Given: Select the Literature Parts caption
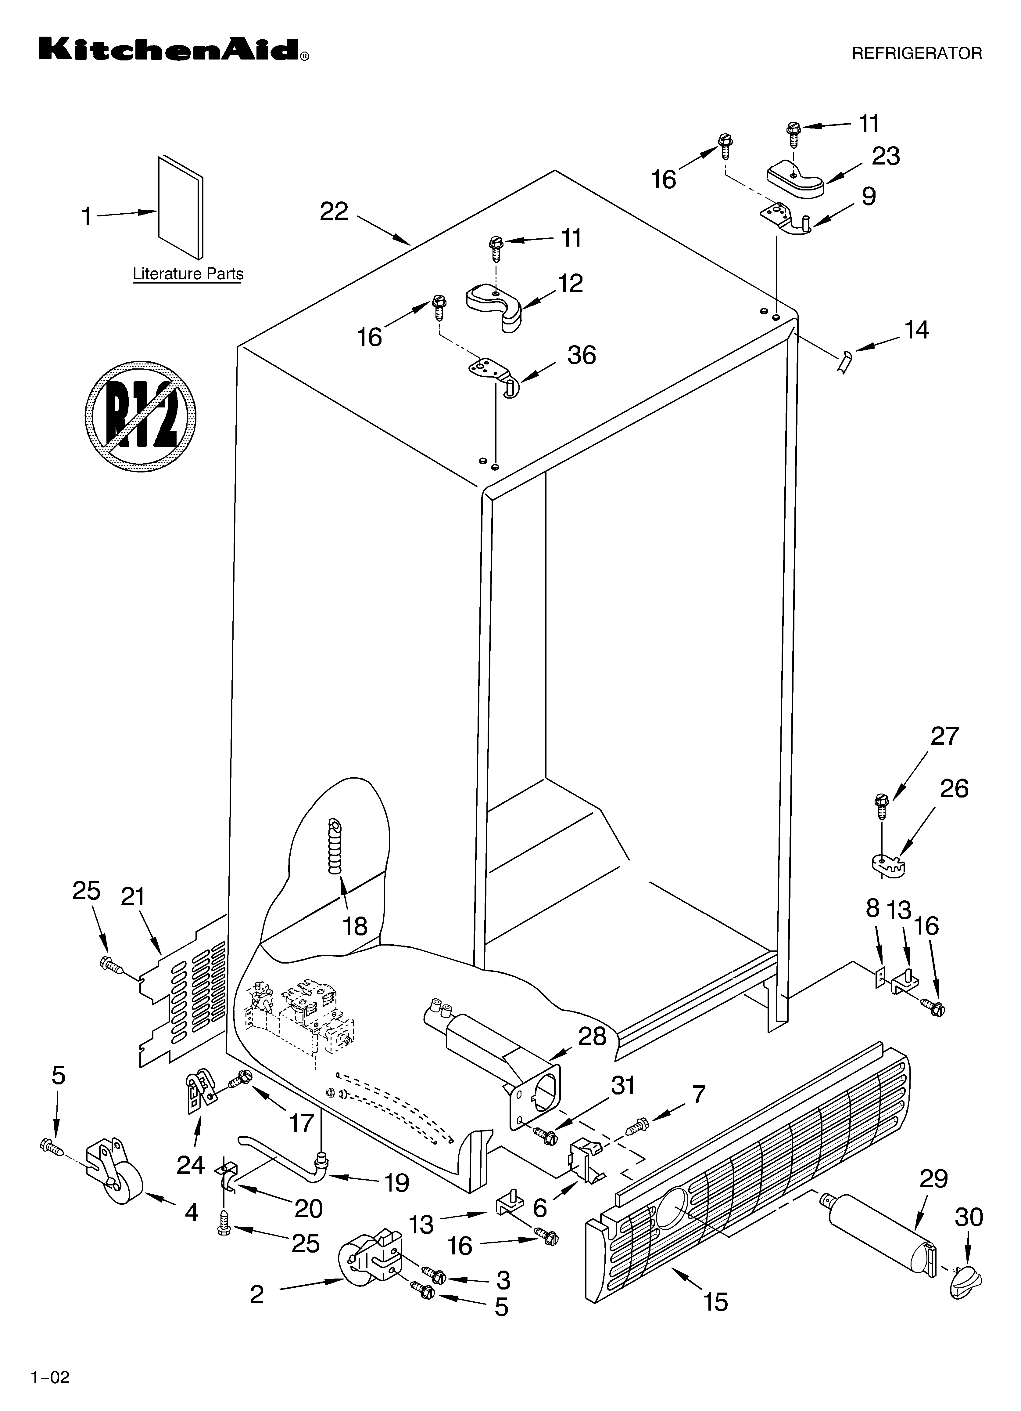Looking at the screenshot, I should pos(188,274).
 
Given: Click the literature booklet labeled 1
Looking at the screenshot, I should pos(180,207).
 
